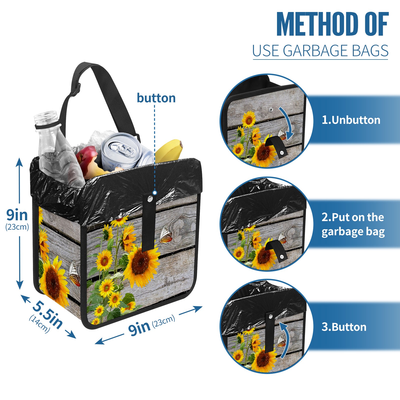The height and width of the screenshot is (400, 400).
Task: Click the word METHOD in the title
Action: click(x=317, y=24)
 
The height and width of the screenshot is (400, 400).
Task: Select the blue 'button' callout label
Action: click(x=156, y=98)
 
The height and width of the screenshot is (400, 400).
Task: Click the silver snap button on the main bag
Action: click(x=150, y=199)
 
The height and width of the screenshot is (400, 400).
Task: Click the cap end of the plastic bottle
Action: click(x=46, y=117)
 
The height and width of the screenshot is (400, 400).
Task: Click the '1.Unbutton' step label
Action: click(x=351, y=120)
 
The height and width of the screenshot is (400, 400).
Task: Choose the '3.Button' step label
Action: click(x=344, y=327)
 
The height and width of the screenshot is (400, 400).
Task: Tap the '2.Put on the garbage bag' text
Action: click(x=353, y=224)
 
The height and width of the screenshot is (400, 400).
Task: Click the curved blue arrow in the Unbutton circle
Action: click(x=286, y=122)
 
